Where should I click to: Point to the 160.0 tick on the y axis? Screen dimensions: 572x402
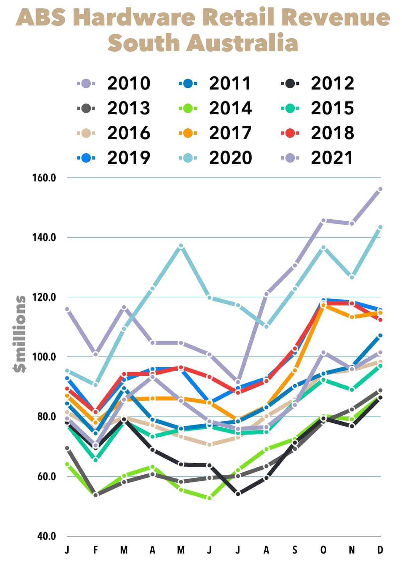pyautogui.click(x=44, y=178)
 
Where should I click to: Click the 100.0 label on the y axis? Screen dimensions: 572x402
pyautogui.click(x=44, y=357)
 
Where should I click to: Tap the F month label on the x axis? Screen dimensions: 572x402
pyautogui.click(x=95, y=550)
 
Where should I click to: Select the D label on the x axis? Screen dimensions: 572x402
pyautogui.click(x=380, y=550)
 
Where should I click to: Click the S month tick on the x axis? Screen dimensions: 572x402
pyautogui.click(x=295, y=550)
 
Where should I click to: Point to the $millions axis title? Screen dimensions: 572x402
pyautogui.click(x=19, y=334)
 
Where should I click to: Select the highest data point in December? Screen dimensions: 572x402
pyautogui.click(x=380, y=189)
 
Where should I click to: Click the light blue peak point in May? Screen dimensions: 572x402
pyautogui.click(x=181, y=246)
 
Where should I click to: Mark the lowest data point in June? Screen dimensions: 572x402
pyautogui.click(x=209, y=498)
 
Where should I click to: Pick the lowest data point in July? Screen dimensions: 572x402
pyautogui.click(x=238, y=494)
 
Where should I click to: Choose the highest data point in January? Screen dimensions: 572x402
pyautogui.click(x=67, y=309)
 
